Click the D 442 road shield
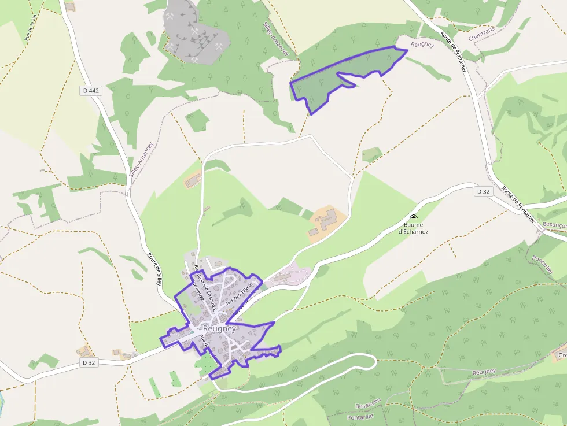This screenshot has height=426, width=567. pos(90,90)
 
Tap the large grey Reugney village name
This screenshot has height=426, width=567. pos(219,328)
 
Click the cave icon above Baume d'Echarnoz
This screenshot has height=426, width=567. pos(413,217)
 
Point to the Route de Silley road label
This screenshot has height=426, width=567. pos(154,269)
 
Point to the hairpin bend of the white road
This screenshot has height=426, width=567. pos(370,364)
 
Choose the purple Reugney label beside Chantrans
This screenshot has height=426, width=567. pos(422,45)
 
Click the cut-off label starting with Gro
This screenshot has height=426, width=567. pos(561,355)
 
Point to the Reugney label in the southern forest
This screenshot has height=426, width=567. pos(484,371)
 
